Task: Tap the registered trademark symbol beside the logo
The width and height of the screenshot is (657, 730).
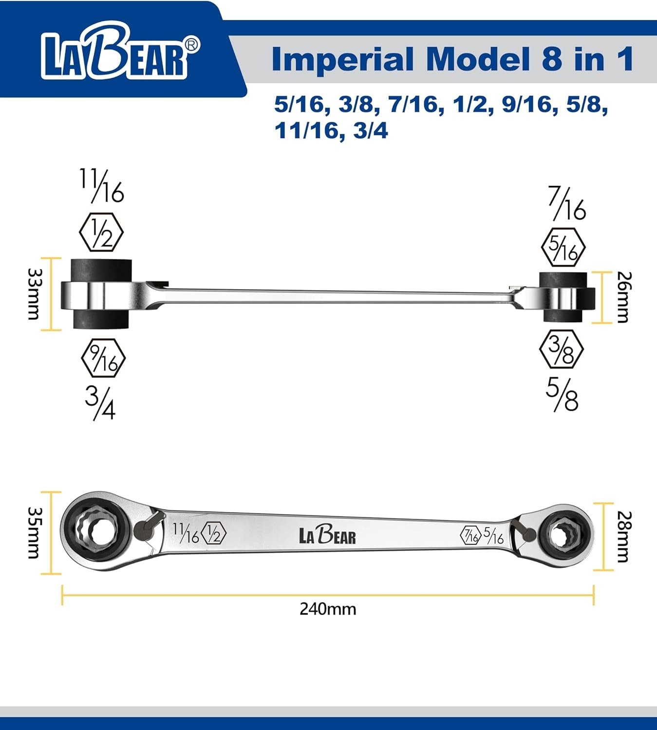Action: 192,44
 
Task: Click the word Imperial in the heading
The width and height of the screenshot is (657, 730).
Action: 342,59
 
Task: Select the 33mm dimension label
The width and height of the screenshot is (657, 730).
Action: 35,294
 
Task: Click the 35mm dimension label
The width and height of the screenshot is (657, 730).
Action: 35,532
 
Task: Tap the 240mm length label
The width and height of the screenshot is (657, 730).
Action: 328,609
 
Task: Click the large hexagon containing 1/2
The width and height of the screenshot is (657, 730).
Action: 101,232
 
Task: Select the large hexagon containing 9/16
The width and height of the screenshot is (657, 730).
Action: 103,358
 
